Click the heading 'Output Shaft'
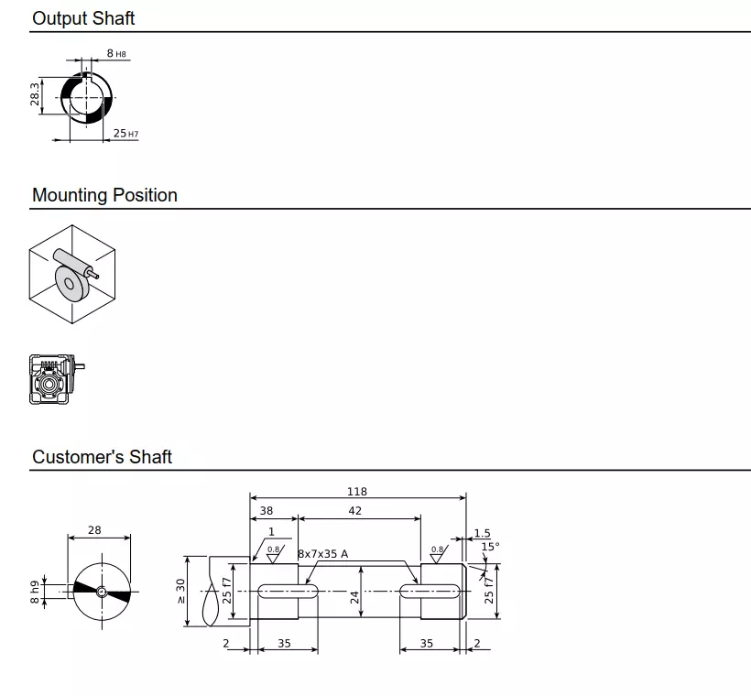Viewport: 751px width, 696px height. (83, 18)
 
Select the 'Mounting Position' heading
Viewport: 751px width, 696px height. (104, 195)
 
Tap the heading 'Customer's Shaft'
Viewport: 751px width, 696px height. (102, 457)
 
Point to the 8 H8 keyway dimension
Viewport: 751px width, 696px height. (115, 54)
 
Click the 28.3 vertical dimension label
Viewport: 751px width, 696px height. (36, 95)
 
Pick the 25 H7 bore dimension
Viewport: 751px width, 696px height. (125, 134)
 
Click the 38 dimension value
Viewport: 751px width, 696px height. (266, 511)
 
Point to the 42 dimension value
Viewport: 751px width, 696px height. (355, 511)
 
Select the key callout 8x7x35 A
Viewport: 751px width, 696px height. (322, 554)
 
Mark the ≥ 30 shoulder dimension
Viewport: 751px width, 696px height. (181, 591)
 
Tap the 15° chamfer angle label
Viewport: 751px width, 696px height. (490, 547)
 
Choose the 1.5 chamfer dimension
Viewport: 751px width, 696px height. (482, 533)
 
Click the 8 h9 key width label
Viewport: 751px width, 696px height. (35, 592)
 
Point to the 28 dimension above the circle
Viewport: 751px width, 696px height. (94, 530)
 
